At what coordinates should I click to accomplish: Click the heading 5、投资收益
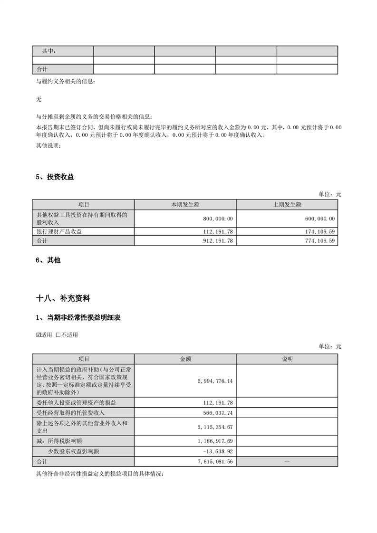tap(55, 177)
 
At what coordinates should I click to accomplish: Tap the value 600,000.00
tap(318, 219)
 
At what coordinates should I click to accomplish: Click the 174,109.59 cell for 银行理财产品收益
tap(318, 231)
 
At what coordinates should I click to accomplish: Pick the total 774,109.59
tap(318, 241)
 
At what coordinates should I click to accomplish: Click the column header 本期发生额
tap(185, 204)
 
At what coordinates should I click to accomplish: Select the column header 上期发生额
tap(287, 204)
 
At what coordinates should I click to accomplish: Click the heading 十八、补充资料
tap(63, 299)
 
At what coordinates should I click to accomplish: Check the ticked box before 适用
tap(39, 335)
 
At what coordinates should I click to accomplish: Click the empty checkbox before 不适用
tap(58, 335)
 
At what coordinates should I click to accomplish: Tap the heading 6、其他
tap(48, 260)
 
